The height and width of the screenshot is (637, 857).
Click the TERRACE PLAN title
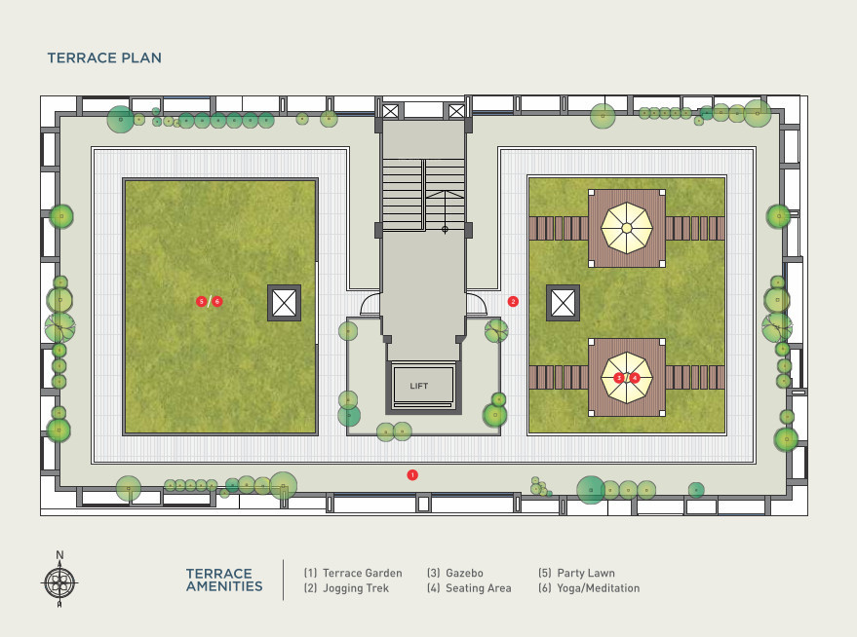tap(104, 58)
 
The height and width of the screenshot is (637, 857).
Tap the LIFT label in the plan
tap(419, 387)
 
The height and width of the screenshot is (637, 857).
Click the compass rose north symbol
tap(59, 582)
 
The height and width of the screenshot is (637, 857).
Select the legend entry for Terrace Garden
tap(352, 574)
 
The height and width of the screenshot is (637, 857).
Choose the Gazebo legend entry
tap(455, 574)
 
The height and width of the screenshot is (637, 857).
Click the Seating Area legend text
tap(469, 588)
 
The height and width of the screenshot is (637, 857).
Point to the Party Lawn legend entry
tap(576, 574)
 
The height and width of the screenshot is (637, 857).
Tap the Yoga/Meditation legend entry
tap(589, 588)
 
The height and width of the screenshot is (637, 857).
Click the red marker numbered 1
tap(412, 474)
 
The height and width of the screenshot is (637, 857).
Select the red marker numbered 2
tap(514, 302)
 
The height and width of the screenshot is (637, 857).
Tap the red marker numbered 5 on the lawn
tap(201, 302)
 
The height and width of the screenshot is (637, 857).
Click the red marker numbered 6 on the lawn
tap(217, 302)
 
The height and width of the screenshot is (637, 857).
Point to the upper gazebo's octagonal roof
tap(627, 228)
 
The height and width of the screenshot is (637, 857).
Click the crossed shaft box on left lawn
tap(284, 303)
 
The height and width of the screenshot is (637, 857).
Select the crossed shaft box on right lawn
tap(563, 303)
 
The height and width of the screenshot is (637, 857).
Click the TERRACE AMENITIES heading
tap(224, 581)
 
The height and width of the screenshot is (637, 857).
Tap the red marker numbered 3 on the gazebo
tap(618, 377)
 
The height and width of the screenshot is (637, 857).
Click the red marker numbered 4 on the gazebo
tap(635, 377)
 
